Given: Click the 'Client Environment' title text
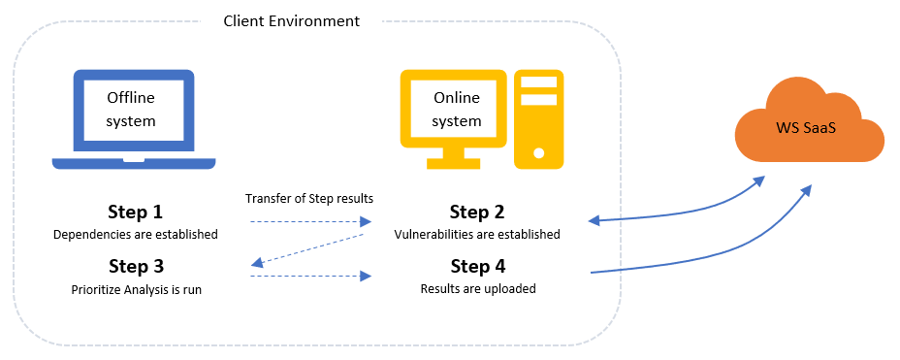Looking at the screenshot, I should pos(291,20).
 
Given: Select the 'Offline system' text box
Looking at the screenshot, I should pos(130,110).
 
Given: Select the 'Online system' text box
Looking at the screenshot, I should pos(456,109).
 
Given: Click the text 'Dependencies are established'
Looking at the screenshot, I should pos(135,234).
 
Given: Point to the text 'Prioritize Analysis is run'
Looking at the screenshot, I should pos(135,288).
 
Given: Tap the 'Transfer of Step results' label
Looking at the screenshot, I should pos(309,198).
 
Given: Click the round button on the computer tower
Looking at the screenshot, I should pos(539,152).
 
